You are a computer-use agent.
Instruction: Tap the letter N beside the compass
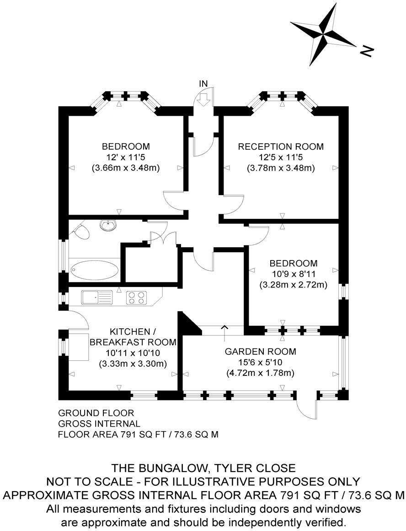(x=367, y=51)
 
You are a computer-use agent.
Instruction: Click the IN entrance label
(x=203, y=83)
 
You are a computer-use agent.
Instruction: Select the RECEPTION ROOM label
(x=281, y=147)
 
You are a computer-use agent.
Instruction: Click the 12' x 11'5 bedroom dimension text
(x=126, y=157)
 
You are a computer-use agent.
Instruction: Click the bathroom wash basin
(x=108, y=226)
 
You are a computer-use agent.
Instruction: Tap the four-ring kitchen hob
(x=136, y=298)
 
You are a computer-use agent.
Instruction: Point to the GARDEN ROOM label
(x=260, y=352)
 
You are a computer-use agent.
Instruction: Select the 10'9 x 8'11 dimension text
(x=293, y=274)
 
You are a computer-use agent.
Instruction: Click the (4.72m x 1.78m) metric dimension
(x=260, y=373)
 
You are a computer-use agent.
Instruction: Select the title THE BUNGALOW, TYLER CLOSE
(x=204, y=468)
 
